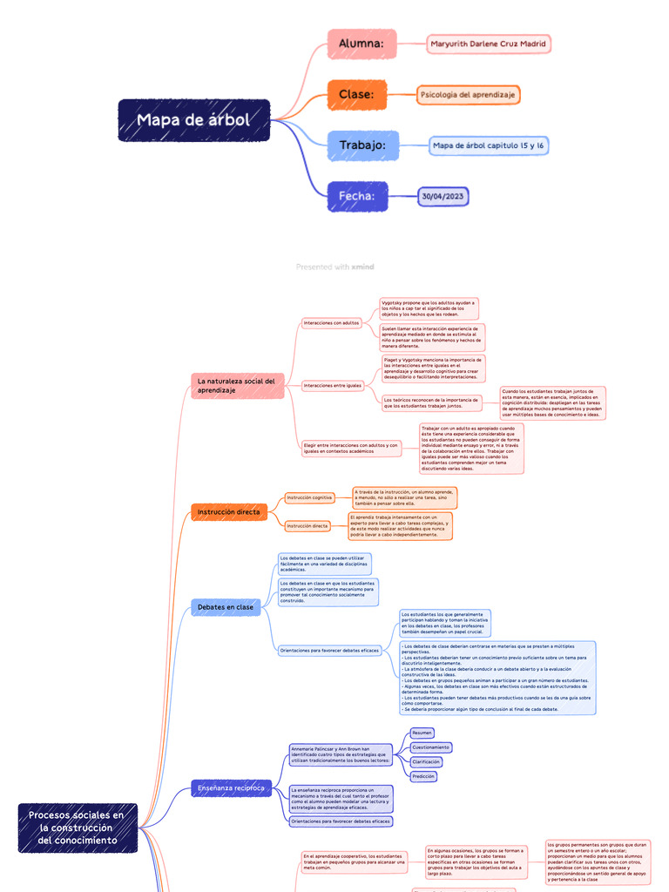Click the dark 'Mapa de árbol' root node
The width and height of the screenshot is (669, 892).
pyautogui.click(x=193, y=120)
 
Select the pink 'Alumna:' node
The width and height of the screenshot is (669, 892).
pyautogui.click(x=362, y=44)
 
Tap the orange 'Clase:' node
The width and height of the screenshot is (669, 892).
pyautogui.click(x=356, y=94)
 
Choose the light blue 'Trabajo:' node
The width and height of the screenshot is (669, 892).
pyautogui.click(x=362, y=145)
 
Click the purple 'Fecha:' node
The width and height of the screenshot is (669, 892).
pyautogui.click(x=357, y=196)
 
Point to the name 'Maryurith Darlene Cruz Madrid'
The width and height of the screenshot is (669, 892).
pyautogui.click(x=489, y=44)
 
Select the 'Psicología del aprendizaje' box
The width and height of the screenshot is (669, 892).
pyautogui.click(x=468, y=94)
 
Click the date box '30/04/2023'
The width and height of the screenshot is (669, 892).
pyautogui.click(x=443, y=196)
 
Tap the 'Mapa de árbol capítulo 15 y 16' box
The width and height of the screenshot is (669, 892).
pyautogui.click(x=489, y=145)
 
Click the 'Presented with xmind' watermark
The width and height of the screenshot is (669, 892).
pyautogui.click(x=334, y=267)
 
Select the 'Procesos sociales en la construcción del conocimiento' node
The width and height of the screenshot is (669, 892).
pyautogui.click(x=77, y=828)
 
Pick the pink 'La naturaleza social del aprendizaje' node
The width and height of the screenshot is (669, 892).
pyautogui.click(x=237, y=386)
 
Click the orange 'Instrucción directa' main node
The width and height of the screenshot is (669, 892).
pyautogui.click(x=229, y=512)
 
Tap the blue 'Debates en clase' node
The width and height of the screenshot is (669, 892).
pyautogui.click(x=226, y=607)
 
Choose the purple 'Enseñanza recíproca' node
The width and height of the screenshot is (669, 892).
pyautogui.click(x=231, y=788)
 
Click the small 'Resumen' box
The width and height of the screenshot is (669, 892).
pyautogui.click(x=422, y=733)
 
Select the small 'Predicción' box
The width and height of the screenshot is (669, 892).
pyautogui.click(x=422, y=776)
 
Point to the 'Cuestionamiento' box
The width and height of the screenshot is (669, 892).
pyautogui.click(x=430, y=747)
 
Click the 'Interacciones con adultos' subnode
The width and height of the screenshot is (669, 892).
pyautogui.click(x=331, y=323)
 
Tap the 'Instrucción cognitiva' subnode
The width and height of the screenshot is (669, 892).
pyautogui.click(x=309, y=497)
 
